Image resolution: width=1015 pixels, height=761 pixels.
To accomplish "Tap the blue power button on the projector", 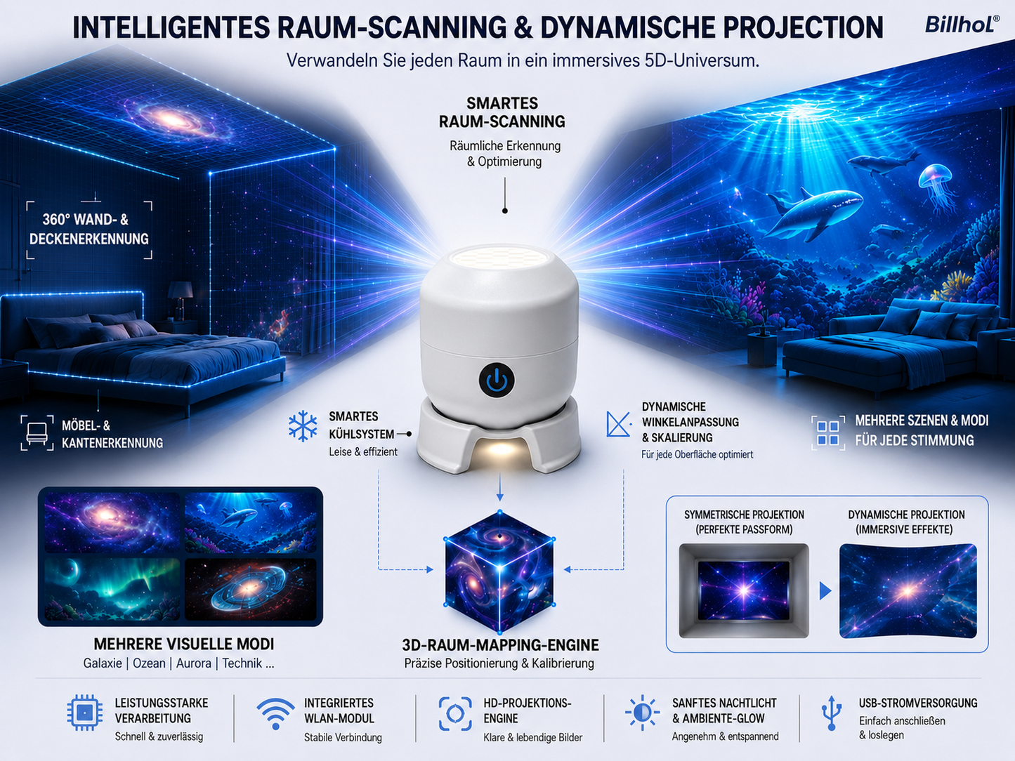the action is pyautogui.click(x=497, y=380).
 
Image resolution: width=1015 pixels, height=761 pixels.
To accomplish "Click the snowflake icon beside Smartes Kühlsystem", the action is pyautogui.click(x=303, y=425).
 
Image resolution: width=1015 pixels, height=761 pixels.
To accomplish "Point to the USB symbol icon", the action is pyautogui.click(x=832, y=713).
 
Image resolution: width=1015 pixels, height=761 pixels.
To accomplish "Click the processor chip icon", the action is pyautogui.click(x=84, y=713).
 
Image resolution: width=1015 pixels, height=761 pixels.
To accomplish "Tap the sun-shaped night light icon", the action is pyautogui.click(x=642, y=713).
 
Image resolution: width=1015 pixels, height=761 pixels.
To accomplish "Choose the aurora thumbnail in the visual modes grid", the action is pyautogui.click(x=112, y=589).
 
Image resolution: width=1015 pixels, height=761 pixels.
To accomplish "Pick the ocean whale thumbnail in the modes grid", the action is pyautogui.click(x=251, y=522).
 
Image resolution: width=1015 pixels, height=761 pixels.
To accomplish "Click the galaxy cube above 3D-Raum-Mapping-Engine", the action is pyautogui.click(x=499, y=571).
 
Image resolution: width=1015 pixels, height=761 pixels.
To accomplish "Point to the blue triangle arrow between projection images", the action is pyautogui.click(x=825, y=591).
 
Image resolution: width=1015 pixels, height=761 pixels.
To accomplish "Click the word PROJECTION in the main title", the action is pyautogui.click(x=803, y=27).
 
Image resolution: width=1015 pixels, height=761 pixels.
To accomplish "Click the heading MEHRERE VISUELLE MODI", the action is pyautogui.click(x=184, y=644).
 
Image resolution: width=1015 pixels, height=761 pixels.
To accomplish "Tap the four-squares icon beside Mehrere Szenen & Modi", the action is pyautogui.click(x=828, y=432).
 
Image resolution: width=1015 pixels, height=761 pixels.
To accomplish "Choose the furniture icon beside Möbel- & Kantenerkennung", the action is pyautogui.click(x=37, y=433).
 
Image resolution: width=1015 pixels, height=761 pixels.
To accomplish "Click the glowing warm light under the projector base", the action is pyautogui.click(x=500, y=450).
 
